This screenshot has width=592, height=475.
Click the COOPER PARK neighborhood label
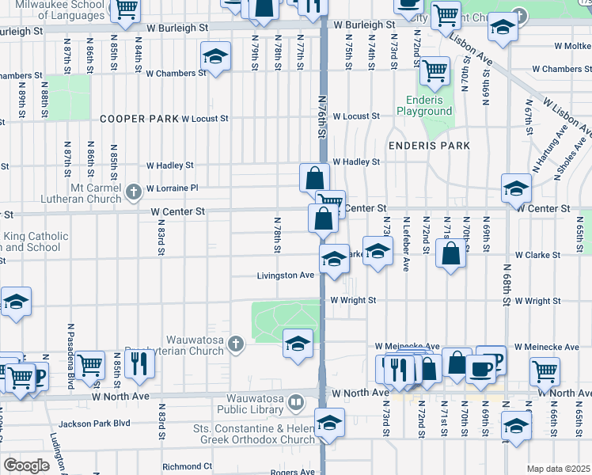(139, 119)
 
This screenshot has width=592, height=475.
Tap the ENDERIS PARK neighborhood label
(428, 146)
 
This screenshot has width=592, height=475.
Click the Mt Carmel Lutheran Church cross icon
(134, 190)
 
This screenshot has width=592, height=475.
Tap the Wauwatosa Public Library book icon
(295, 403)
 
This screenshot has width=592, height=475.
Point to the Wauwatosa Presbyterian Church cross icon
(235, 344)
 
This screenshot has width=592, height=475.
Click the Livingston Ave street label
(286, 275)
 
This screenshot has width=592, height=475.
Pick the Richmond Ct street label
(188, 467)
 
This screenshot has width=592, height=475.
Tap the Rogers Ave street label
(294, 473)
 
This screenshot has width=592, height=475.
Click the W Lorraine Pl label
(171, 188)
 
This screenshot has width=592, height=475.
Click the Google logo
(26, 465)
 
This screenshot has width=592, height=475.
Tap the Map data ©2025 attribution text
(558, 469)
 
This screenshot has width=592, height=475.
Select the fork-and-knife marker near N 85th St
(139, 363)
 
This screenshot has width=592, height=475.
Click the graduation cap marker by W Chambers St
(215, 56)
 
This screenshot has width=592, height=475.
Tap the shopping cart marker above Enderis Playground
(435, 71)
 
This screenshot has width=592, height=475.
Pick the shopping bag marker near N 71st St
(450, 254)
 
